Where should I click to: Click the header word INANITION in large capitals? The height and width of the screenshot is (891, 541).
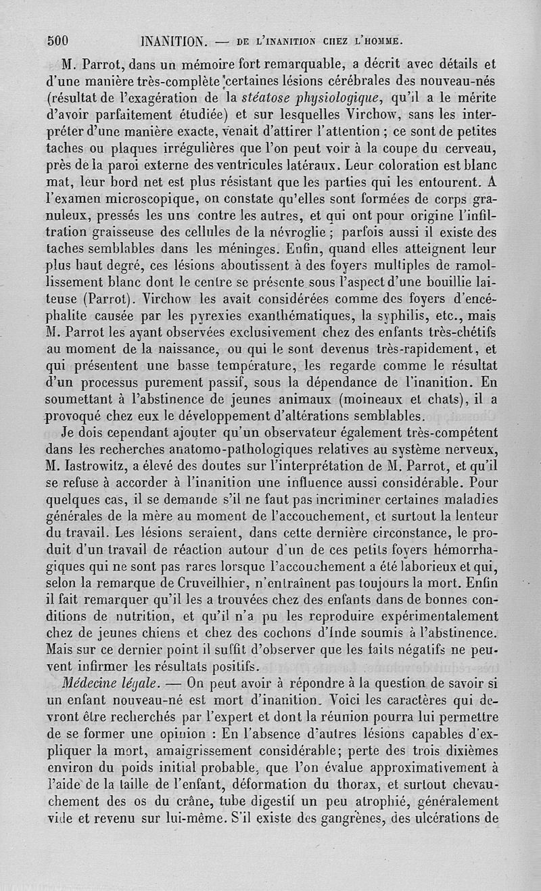pyautogui.click(x=172, y=40)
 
